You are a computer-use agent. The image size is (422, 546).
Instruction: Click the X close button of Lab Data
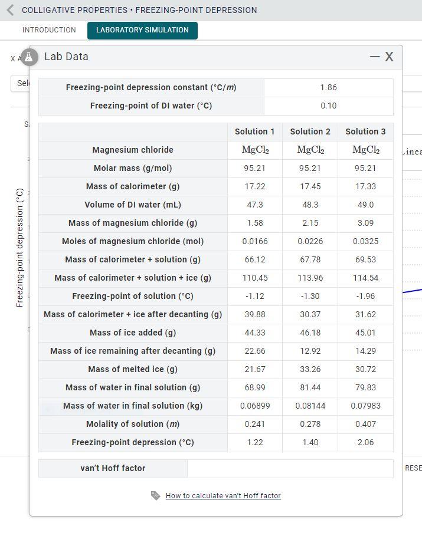pyautogui.click(x=389, y=57)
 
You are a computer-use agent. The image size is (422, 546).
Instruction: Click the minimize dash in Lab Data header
pyautogui.click(x=375, y=57)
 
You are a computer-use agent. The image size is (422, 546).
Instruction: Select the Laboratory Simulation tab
pyautogui.click(x=142, y=30)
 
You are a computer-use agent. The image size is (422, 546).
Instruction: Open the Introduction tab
pyautogui.click(x=49, y=30)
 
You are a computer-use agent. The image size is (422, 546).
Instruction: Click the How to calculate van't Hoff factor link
pyautogui.click(x=223, y=496)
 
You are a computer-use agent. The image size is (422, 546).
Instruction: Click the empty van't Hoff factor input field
pyautogui.click(x=290, y=468)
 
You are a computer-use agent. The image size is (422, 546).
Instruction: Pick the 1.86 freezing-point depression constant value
pyautogui.click(x=328, y=87)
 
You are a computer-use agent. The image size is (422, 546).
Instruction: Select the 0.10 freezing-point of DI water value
pyautogui.click(x=328, y=106)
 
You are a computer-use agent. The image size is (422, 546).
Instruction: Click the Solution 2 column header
pyautogui.click(x=310, y=131)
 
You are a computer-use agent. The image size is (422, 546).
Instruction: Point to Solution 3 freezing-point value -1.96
pyautogui.click(x=365, y=296)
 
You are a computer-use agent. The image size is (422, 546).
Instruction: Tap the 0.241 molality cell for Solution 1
pyautogui.click(x=254, y=424)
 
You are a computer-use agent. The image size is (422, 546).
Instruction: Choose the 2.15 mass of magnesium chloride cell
pyautogui.click(x=310, y=223)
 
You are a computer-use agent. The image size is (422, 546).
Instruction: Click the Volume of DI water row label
pyautogui.click(x=133, y=205)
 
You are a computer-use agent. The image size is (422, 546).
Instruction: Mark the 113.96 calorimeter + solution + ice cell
pyautogui.click(x=310, y=278)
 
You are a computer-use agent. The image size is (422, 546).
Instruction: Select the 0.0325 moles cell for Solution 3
pyautogui.click(x=365, y=241)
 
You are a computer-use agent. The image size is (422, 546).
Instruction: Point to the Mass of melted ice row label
pyautogui.click(x=133, y=369)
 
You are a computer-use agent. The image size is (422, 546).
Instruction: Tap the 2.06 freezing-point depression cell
pyautogui.click(x=365, y=442)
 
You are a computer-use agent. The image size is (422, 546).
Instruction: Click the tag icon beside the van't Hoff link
pyautogui.click(x=156, y=496)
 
